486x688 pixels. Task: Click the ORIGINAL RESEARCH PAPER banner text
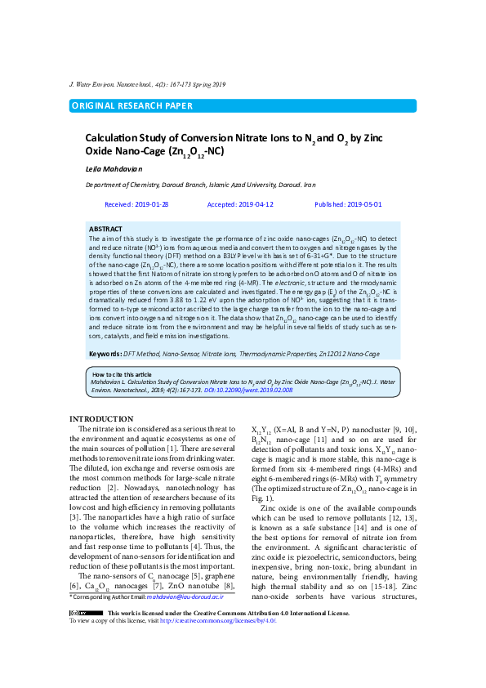(x=133, y=105)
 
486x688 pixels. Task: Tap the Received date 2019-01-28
(x=137, y=204)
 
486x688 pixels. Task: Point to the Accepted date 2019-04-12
(x=240, y=204)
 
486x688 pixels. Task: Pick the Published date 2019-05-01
(x=348, y=204)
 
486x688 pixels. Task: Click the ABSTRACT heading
(x=105, y=229)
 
